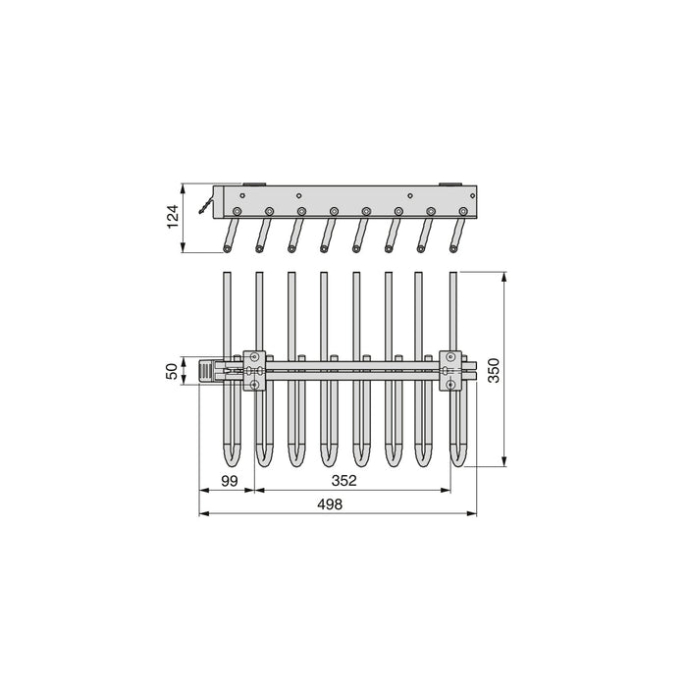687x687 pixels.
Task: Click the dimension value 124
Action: point(173,216)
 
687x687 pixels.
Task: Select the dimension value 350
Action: point(494,370)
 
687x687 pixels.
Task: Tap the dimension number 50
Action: point(173,372)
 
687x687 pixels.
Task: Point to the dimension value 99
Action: point(229,481)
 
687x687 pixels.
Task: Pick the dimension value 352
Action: point(343,481)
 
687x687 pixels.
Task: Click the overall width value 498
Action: point(330,504)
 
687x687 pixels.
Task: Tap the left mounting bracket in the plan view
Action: point(254,371)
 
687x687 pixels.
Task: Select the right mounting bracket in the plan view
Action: point(450,371)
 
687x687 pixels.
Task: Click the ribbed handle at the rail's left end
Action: point(206,371)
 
